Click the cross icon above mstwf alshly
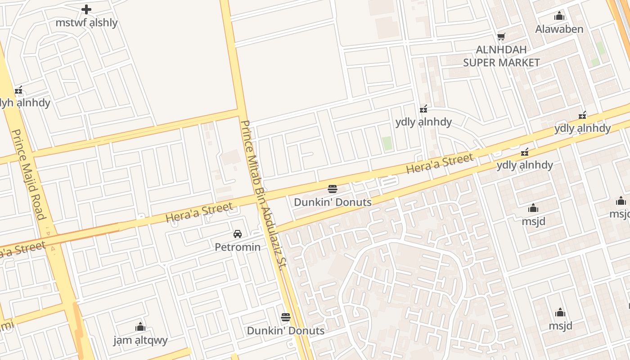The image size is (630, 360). click(x=86, y=9)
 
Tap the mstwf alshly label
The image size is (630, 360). click(x=86, y=22)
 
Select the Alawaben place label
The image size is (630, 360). click(x=559, y=29)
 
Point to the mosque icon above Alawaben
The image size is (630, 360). click(x=559, y=16)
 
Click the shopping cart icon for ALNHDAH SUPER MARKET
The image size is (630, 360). click(x=501, y=36)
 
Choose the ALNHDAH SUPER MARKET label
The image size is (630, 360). click(x=501, y=56)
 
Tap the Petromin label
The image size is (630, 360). click(x=238, y=247)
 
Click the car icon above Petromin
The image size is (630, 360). click(x=238, y=234)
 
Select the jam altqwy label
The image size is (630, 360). click(x=140, y=340)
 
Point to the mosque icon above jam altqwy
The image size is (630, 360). click(x=140, y=327)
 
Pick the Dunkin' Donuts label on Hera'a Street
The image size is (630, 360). click(x=333, y=202)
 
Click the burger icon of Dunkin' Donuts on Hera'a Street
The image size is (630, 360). click(x=333, y=189)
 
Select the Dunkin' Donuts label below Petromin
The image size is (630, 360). click(x=286, y=331)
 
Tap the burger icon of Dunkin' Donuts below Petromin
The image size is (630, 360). click(x=286, y=317)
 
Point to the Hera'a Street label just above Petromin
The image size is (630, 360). click(x=199, y=212)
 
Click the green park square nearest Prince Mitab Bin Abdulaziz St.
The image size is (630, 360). click(x=387, y=144)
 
